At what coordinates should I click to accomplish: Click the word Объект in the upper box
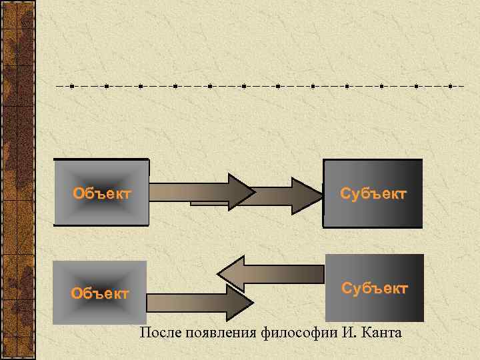102,194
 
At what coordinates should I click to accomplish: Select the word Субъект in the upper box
373,194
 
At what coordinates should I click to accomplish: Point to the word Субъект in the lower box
375,288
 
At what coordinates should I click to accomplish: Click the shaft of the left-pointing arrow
287,273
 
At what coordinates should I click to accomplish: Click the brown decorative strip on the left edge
17,180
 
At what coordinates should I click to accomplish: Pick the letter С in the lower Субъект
347,288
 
